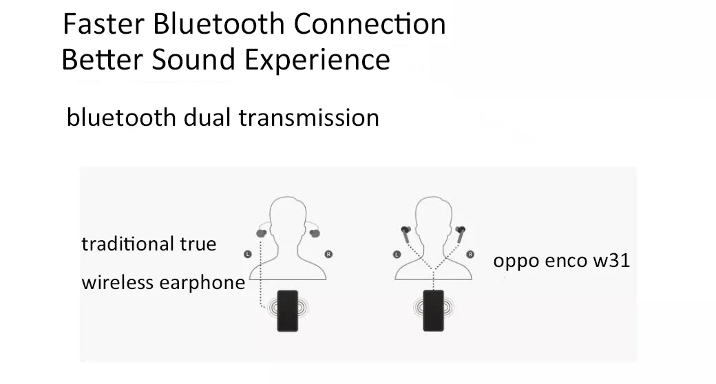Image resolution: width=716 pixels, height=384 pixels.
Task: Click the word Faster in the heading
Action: click(x=103, y=24)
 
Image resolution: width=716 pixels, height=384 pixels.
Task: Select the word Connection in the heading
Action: click(x=371, y=24)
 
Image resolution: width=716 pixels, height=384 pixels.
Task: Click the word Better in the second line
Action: click(x=103, y=59)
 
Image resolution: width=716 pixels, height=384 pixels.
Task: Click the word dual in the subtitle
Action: click(x=207, y=117)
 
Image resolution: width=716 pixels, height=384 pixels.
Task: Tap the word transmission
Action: click(x=308, y=117)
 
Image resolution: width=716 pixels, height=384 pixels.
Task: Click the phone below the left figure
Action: click(x=287, y=310)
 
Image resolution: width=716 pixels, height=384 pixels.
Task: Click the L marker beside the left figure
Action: click(x=248, y=254)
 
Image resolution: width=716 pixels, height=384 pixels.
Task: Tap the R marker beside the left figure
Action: click(x=328, y=254)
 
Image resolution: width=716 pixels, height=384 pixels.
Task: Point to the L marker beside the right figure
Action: click(x=397, y=254)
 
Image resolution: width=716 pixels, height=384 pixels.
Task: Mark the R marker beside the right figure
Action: click(x=471, y=254)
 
